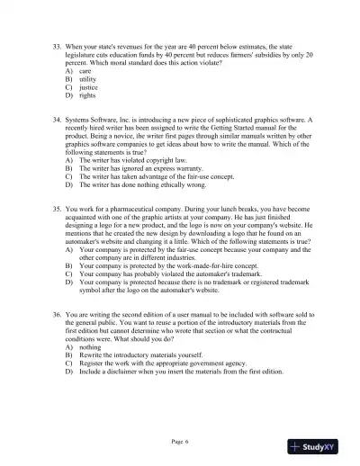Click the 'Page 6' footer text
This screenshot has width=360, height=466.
click(181, 442)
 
